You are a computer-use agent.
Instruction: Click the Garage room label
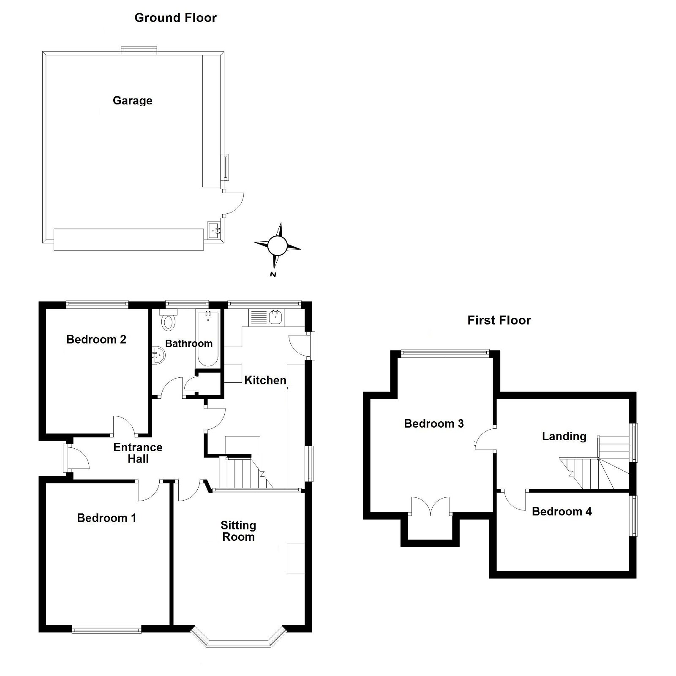click(132, 101)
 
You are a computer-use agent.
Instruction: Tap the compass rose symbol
click(277, 245)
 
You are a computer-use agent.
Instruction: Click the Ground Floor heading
click(175, 18)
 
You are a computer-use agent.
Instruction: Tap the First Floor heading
click(499, 320)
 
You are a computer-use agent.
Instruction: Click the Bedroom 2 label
click(96, 339)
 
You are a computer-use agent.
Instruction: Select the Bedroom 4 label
click(562, 512)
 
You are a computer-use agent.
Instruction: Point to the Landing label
click(564, 436)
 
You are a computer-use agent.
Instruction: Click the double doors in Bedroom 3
click(430, 506)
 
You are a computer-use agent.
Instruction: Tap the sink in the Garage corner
click(215, 231)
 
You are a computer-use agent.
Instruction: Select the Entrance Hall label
click(138, 453)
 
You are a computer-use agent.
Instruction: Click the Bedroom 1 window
click(106, 630)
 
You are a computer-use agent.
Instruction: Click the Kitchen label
click(265, 380)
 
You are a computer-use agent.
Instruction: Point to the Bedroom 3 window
click(445, 352)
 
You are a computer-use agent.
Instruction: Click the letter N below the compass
click(273, 275)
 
